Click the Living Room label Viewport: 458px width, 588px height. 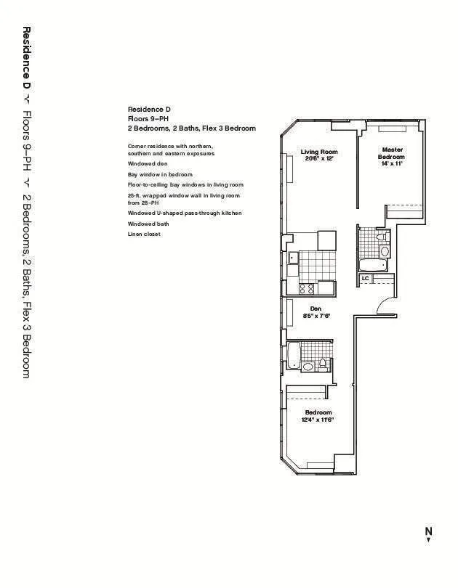pyautogui.click(x=319, y=152)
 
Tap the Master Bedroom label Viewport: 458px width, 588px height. pyautogui.click(x=392, y=153)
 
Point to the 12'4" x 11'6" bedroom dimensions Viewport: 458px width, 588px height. pyautogui.click(x=317, y=420)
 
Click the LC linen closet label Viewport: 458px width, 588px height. pyautogui.click(x=365, y=278)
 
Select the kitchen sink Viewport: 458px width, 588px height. pyautogui.click(x=294, y=257)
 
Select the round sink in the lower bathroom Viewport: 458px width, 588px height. pyautogui.click(x=308, y=367)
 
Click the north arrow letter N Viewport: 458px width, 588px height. pyautogui.click(x=428, y=531)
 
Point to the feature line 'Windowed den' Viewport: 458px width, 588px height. pyautogui.click(x=148, y=164)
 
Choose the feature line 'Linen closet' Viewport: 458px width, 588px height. pyautogui.click(x=144, y=234)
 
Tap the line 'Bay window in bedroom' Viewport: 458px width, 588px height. pyautogui.click(x=160, y=175)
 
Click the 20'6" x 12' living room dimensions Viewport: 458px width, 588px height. pyautogui.click(x=319, y=158)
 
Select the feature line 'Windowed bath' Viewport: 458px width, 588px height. pyautogui.click(x=148, y=224)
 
